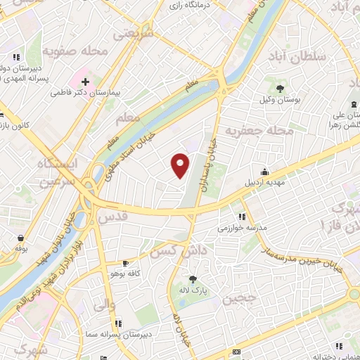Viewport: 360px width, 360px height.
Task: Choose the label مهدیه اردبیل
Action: coord(264,184)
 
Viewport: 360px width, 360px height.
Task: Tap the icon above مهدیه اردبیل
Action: coord(264,172)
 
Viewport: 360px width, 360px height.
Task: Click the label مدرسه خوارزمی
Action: coord(242,229)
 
